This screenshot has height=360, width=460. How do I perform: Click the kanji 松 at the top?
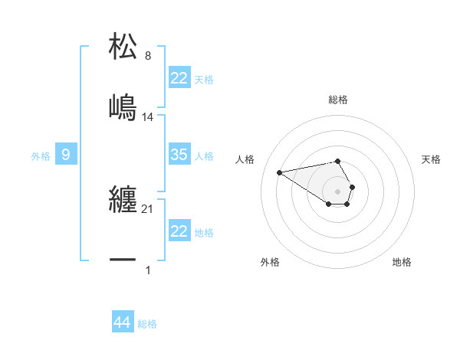tap(123, 46)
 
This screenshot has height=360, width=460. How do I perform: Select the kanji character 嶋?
tap(123, 106)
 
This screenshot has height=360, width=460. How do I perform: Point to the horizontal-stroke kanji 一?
tap(123, 260)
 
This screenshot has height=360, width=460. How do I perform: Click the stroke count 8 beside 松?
tap(148, 55)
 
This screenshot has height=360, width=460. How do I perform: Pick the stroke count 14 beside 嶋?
tap(148, 116)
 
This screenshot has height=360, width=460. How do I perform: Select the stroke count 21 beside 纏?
tap(148, 209)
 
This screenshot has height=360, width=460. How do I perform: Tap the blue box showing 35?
tap(179, 155)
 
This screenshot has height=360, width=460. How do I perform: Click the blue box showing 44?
tap(122, 322)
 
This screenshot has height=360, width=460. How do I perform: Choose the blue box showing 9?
tap(66, 155)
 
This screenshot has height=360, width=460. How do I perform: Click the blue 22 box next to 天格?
tap(179, 78)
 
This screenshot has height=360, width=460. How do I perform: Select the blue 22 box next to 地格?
tap(179, 231)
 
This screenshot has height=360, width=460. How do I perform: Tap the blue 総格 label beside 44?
tap(147, 324)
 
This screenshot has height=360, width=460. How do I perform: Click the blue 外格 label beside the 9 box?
tap(41, 156)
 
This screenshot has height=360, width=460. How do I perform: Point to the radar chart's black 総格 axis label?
tap(338, 100)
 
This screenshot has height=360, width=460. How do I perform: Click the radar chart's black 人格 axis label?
tap(245, 159)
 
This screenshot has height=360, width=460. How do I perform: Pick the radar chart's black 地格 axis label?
tap(402, 262)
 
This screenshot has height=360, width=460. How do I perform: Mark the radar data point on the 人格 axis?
tap(279, 172)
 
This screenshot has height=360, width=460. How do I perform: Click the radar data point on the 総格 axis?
tap(338, 161)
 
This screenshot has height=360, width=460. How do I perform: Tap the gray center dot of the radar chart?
tap(338, 191)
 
